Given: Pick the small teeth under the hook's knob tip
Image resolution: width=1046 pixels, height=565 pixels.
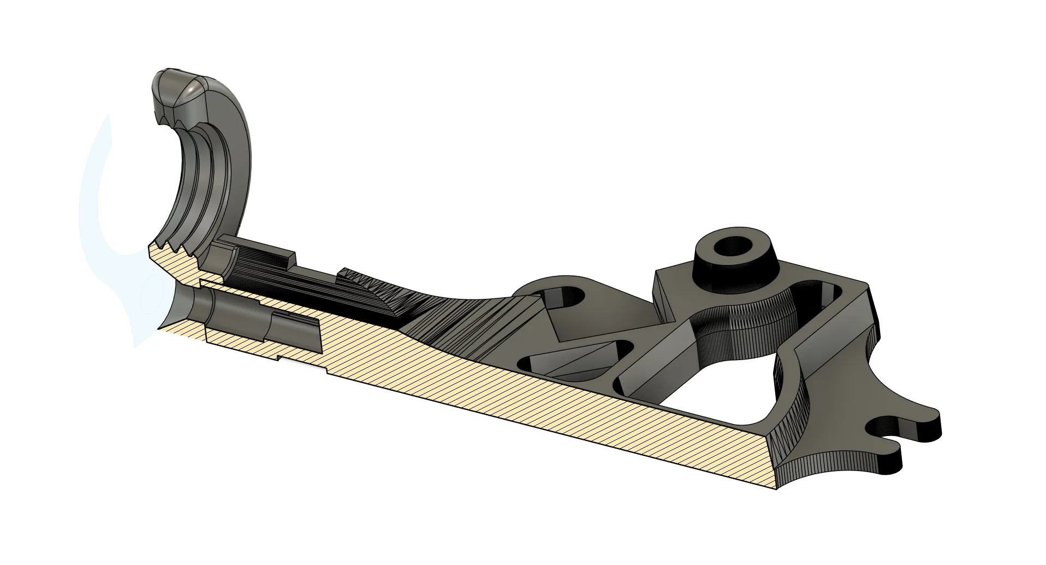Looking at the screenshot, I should point(164,117).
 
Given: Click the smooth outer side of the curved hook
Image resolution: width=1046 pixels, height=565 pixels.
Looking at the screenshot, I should point(240,158).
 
